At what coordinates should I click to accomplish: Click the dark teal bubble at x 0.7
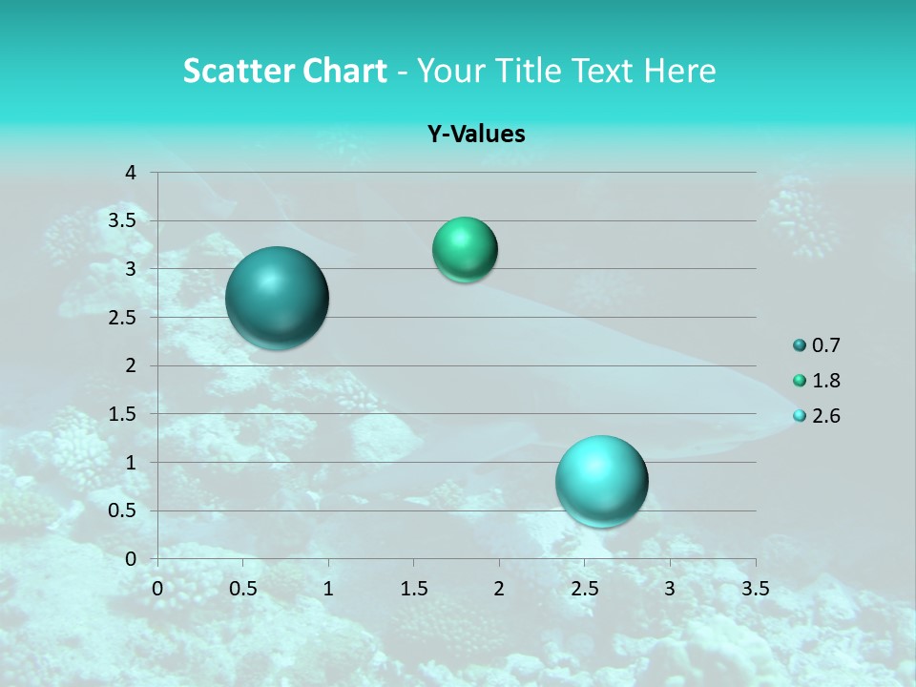(278, 298)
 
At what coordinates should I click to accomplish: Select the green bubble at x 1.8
(465, 250)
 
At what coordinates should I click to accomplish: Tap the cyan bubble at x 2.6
(602, 481)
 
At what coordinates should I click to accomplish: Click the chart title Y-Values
(476, 134)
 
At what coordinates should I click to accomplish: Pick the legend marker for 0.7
(800, 345)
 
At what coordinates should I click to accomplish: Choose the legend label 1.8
(826, 381)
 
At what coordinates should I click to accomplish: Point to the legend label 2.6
(826, 416)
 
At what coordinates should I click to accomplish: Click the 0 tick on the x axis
(157, 588)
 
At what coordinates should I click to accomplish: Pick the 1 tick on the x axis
(328, 588)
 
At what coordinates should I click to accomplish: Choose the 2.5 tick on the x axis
(584, 588)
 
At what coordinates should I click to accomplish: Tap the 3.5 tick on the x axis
(755, 588)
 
